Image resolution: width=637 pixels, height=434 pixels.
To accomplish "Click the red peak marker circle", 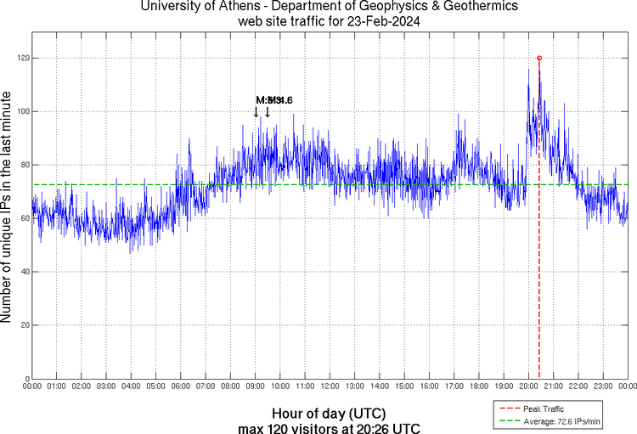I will pos(539,58).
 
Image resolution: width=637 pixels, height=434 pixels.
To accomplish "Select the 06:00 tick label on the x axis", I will pos(181,386).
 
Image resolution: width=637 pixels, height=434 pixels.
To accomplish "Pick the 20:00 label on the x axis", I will pos(528,386).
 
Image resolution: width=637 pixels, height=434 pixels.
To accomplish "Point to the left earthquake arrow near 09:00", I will pos(256,111).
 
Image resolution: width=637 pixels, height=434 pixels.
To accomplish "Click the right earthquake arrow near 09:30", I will pos(268,111).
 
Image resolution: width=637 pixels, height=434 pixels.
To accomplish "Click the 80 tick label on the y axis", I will pos(24,165).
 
